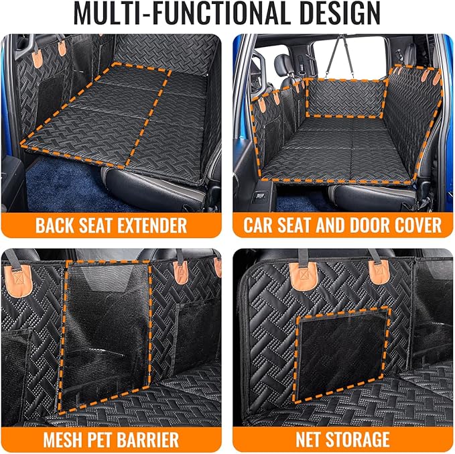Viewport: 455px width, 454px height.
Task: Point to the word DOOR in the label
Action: (367, 224)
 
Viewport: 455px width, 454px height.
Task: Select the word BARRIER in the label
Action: (151, 439)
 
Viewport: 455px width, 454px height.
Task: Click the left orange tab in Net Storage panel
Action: (303, 272)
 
